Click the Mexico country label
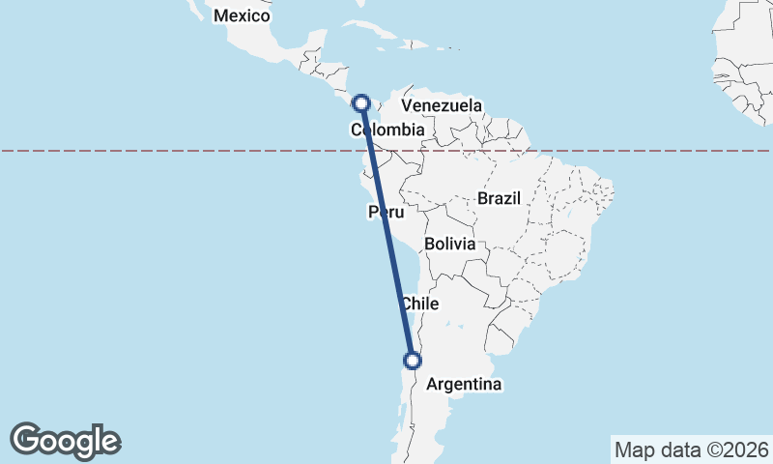click(x=242, y=15)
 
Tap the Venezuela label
click(x=442, y=104)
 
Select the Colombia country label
click(x=387, y=130)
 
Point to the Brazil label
click(x=499, y=198)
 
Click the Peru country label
click(x=385, y=212)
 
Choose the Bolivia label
click(x=449, y=244)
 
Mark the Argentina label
click(x=464, y=384)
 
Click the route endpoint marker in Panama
click(x=361, y=102)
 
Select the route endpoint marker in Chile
click(x=413, y=361)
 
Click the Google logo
click(x=65, y=441)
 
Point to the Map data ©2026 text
click(x=691, y=449)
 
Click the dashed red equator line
click(x=193, y=151)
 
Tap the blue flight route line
click(x=386, y=232)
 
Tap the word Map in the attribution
click(x=634, y=449)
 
